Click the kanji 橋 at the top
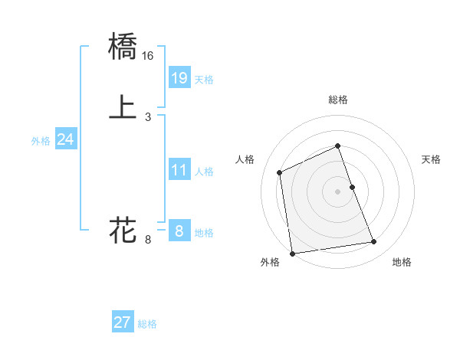point(123,47)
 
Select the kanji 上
point(123,107)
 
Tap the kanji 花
point(123,230)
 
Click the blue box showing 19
point(179,77)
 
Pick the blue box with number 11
point(179,170)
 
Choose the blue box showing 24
point(66,139)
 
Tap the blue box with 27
point(123,322)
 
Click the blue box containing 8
point(179,231)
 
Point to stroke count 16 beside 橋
point(148,56)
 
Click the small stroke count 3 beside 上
point(147,117)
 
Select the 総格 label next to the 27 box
point(147,324)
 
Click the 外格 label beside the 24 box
point(41,141)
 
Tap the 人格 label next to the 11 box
point(204,172)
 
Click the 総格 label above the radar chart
point(338,100)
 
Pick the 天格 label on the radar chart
point(431,159)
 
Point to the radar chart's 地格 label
point(402,262)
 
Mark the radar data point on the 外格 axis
point(292,254)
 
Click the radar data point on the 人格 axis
point(280,172)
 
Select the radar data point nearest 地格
point(374,242)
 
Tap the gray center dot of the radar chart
point(338,191)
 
